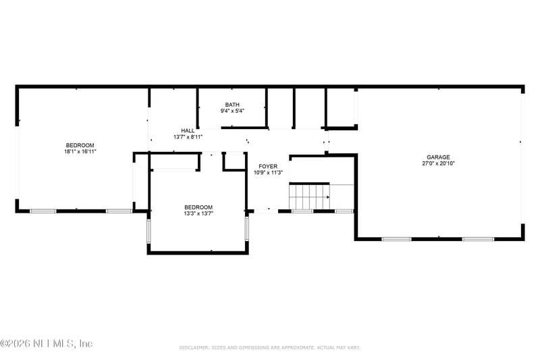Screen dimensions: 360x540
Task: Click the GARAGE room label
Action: pos(437,157)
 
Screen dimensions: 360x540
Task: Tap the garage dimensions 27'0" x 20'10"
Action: pos(437,163)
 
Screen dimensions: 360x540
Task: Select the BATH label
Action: pos(232,105)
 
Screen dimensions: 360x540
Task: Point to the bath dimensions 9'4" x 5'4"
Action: pos(232,111)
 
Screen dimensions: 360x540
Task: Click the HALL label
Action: pos(188,130)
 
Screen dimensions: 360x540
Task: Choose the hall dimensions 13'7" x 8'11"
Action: pos(188,137)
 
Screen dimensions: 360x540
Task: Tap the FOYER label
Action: pos(268,165)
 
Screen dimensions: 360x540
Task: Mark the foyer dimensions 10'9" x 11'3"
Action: pos(268,172)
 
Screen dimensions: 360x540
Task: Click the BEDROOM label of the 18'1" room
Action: pos(80,145)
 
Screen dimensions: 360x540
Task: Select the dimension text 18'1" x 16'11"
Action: pos(80,152)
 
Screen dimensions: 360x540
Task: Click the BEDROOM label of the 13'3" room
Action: pos(198,207)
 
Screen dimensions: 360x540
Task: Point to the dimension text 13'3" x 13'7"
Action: pos(198,214)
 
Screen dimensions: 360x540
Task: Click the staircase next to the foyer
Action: pos(308,197)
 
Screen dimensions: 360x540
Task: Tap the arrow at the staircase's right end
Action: pos(328,197)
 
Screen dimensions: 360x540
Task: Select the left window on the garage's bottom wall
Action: pos(396,238)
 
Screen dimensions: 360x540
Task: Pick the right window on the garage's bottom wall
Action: pos(478,238)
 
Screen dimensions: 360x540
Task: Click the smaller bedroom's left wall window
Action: pos(149,230)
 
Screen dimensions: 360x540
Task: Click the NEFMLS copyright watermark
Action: pos(47,344)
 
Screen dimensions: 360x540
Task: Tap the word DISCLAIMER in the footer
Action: pos(196,347)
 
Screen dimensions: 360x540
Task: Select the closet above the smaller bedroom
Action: pos(175,161)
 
